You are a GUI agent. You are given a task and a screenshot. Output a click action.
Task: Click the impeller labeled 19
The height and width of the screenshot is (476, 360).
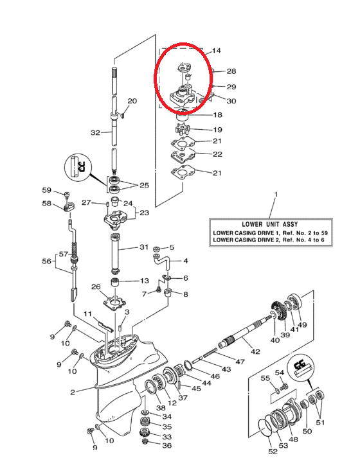point(183,129)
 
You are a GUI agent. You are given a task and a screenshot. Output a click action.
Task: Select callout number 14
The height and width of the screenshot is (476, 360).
point(216,50)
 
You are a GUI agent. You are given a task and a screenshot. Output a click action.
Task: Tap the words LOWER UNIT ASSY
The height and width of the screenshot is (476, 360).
point(270,224)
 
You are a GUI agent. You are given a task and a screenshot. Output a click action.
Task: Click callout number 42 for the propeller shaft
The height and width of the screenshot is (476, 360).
point(255,351)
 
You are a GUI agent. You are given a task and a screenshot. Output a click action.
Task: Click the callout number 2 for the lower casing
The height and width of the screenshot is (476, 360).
point(73,392)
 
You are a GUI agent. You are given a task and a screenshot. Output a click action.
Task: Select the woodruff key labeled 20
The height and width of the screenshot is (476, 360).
point(122,115)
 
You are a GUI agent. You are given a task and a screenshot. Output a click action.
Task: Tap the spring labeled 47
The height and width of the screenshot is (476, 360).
point(210,353)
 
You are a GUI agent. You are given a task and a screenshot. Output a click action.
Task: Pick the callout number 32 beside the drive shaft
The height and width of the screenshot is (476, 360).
point(95,133)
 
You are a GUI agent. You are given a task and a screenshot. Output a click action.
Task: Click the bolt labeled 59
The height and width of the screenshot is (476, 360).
point(67,194)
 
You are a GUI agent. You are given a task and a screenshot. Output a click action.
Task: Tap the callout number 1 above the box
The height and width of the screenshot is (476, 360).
point(276,194)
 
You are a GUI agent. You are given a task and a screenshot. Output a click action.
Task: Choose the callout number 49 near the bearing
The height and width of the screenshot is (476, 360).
point(302,324)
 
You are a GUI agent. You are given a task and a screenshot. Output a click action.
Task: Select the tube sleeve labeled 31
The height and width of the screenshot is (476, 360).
point(116,254)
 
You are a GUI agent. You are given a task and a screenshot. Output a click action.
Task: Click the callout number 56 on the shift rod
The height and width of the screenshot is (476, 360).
point(46,261)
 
